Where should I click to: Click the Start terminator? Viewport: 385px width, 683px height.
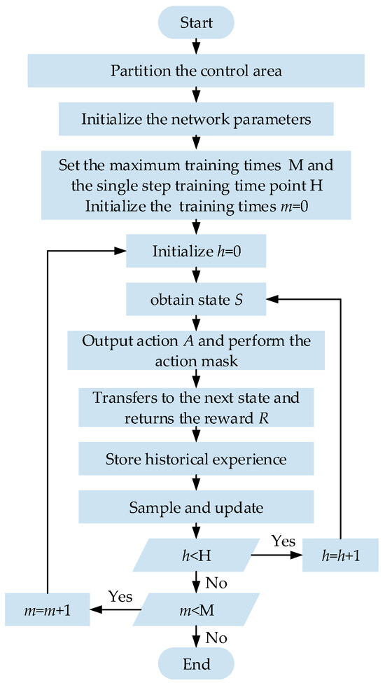[195, 24]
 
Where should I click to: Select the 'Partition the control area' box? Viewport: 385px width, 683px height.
[195, 71]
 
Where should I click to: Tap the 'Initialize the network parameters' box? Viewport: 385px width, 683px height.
[195, 118]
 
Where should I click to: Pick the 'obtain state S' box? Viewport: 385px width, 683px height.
[195, 300]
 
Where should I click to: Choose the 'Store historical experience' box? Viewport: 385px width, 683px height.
[195, 460]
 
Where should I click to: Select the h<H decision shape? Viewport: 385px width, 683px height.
[195, 556]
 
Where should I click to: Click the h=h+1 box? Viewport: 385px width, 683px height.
[340, 556]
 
